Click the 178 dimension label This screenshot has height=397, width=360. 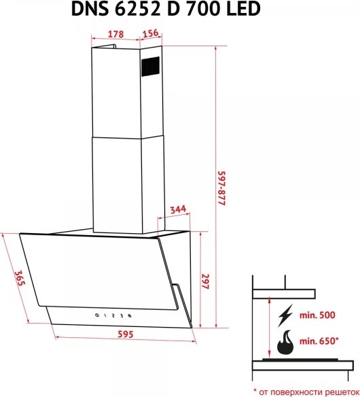click(x=116, y=34)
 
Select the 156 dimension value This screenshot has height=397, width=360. click(x=150, y=33)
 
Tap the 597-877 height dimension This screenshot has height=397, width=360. click(x=222, y=188)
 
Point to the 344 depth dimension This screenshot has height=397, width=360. click(x=178, y=209)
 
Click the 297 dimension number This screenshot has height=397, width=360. click(x=205, y=281)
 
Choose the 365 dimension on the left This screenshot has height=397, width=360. click(x=19, y=278)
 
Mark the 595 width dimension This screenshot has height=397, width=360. click(x=125, y=334)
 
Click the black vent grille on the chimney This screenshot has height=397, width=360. click(x=150, y=66)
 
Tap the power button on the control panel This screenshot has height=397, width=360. click(x=97, y=315)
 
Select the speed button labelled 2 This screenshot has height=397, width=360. click(x=113, y=315)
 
